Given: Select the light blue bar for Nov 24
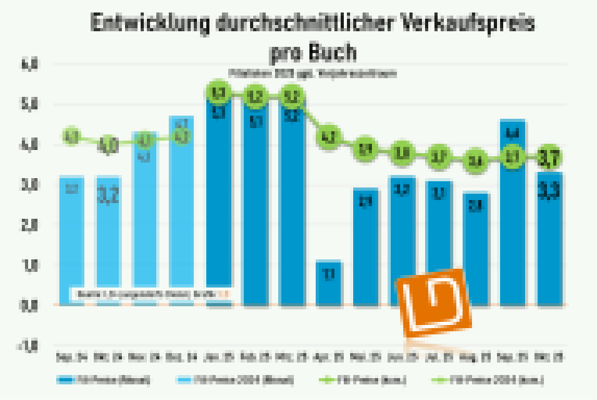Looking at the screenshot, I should (145, 218).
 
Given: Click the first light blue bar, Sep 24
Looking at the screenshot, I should (71, 241).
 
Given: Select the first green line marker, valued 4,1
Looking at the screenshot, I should (71, 137).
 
